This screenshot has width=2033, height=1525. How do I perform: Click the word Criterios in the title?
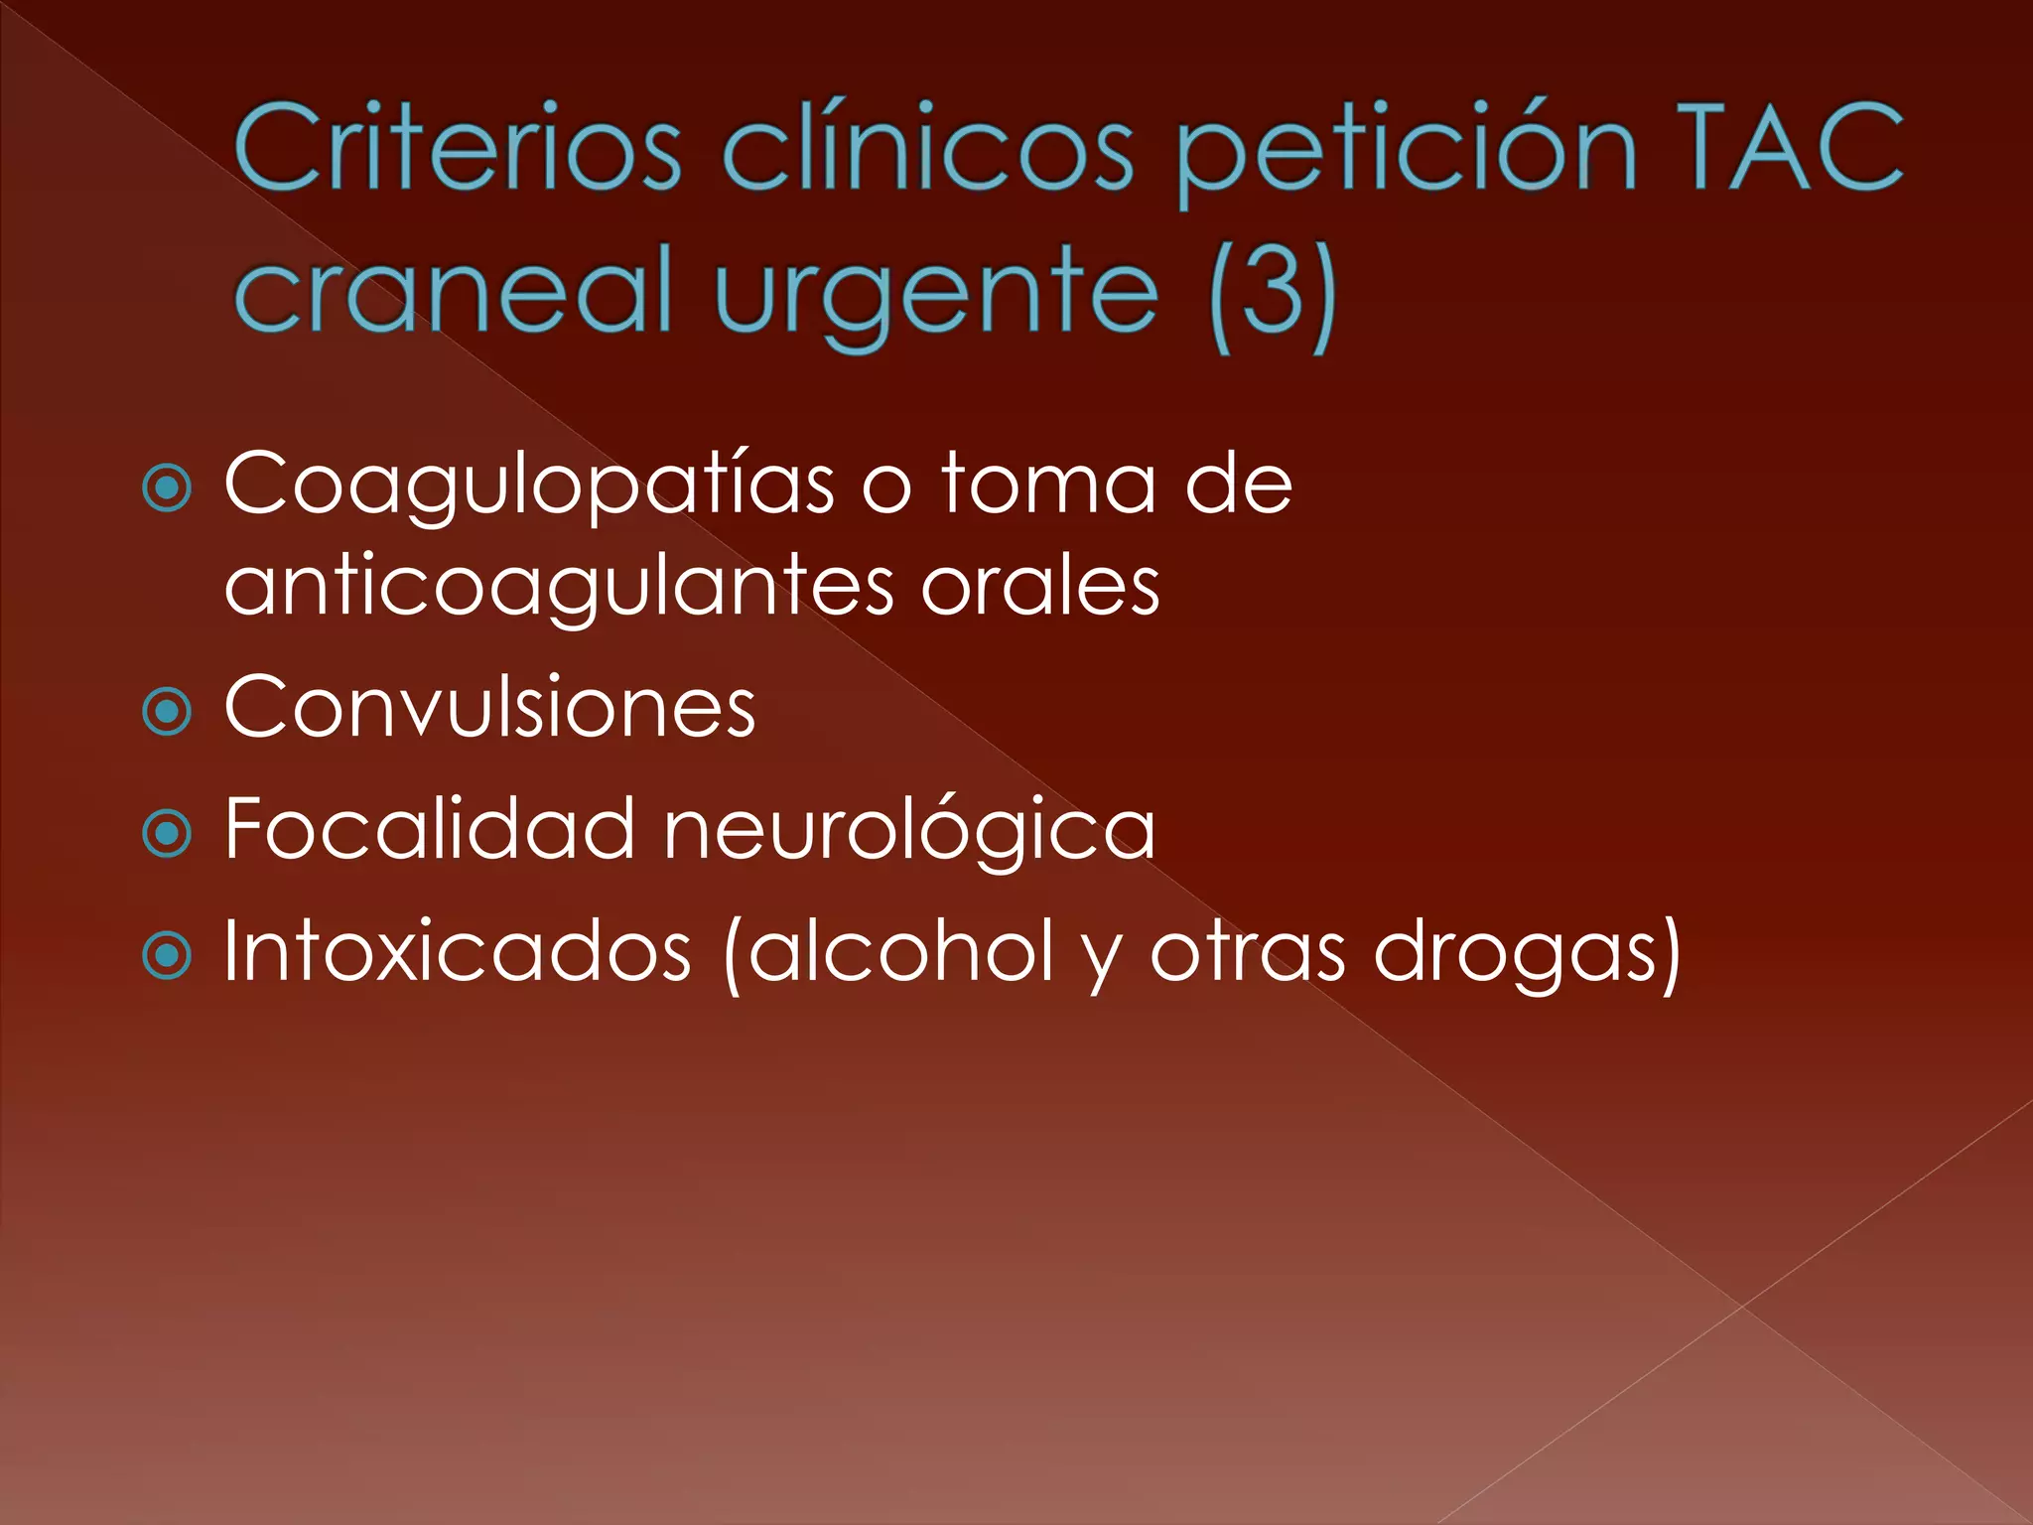click(x=458, y=149)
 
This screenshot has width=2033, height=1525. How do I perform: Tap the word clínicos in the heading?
click(x=928, y=149)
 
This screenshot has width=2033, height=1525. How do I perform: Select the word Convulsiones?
click(x=490, y=707)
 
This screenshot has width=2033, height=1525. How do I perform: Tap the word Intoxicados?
click(x=458, y=951)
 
